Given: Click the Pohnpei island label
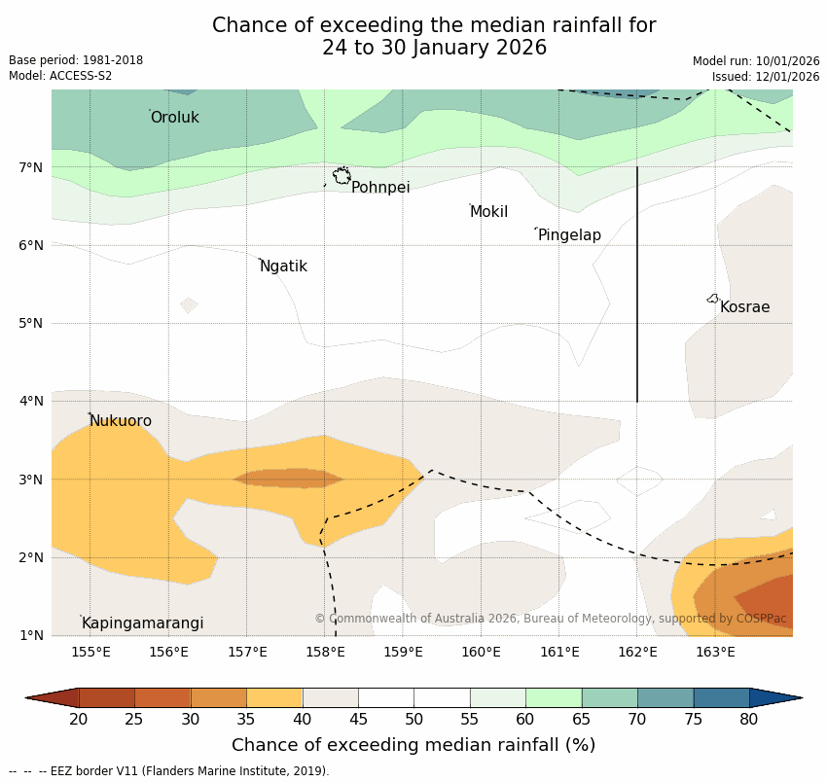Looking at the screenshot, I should tap(380, 188).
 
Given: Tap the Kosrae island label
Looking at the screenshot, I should tap(744, 307).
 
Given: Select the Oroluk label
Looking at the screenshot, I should tap(175, 118).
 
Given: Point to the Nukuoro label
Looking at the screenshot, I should tap(121, 421).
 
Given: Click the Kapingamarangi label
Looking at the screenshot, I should tap(142, 623).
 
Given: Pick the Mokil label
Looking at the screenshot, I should tap(488, 212).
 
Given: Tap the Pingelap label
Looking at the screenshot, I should tap(569, 235).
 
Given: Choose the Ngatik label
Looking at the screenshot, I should tap(283, 267).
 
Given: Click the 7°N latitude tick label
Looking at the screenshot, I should tap(31, 167).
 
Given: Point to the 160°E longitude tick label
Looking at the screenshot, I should tap(482, 652).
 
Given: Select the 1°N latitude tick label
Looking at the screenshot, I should tap(31, 635).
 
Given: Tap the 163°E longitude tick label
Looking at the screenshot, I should tap(715, 652).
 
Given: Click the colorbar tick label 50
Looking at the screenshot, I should tap(413, 720).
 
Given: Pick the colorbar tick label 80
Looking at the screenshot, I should tap(748, 720).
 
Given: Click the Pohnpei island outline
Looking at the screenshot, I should tap(342, 176).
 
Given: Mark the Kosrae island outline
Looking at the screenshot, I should tap(713, 299).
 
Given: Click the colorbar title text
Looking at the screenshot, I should tap(413, 745).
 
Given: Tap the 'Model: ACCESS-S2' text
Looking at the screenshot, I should tap(60, 76).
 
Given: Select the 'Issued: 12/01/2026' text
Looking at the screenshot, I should tap(766, 77).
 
